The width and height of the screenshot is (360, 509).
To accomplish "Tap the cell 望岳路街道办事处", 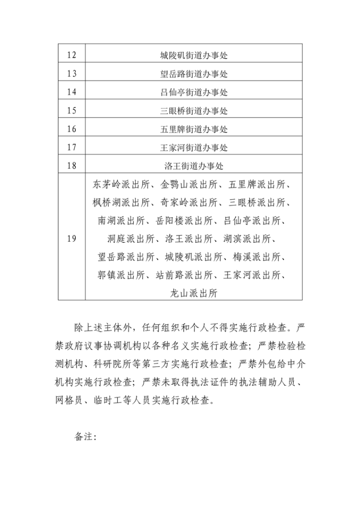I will coord(193,74).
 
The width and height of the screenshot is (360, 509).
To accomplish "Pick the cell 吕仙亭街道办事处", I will coord(193,92).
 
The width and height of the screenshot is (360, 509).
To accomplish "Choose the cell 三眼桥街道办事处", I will coord(193,111).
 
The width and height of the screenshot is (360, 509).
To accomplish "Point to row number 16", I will coord(72,129).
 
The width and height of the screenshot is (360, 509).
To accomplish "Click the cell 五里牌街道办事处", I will coord(193,129).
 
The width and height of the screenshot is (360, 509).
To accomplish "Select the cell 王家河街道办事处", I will coord(193,147).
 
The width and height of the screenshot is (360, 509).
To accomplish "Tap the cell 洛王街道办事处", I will coord(193,166).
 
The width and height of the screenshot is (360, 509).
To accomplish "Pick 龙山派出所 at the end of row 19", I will coord(193,293).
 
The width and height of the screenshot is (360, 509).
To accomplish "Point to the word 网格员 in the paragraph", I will coord(69,401).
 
